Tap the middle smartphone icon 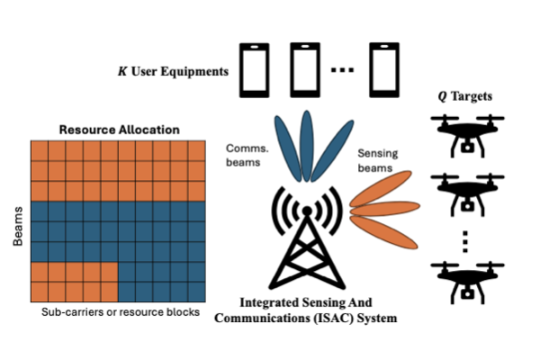[304, 70]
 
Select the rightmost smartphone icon [385, 70]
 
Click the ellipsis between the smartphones [345, 72]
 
